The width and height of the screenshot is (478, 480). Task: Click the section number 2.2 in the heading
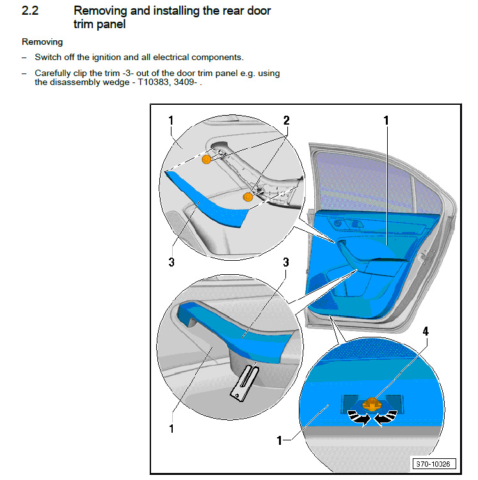click(31, 11)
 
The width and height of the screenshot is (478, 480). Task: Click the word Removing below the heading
click(42, 42)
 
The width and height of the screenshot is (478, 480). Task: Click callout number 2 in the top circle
click(286, 120)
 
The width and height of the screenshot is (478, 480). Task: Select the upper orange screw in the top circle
click(207, 159)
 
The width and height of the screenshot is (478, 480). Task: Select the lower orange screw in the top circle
click(248, 198)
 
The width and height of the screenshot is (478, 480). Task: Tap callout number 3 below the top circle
click(171, 262)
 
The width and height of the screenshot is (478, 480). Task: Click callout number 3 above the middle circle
click(286, 262)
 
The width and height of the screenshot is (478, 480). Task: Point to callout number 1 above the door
click(386, 120)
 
